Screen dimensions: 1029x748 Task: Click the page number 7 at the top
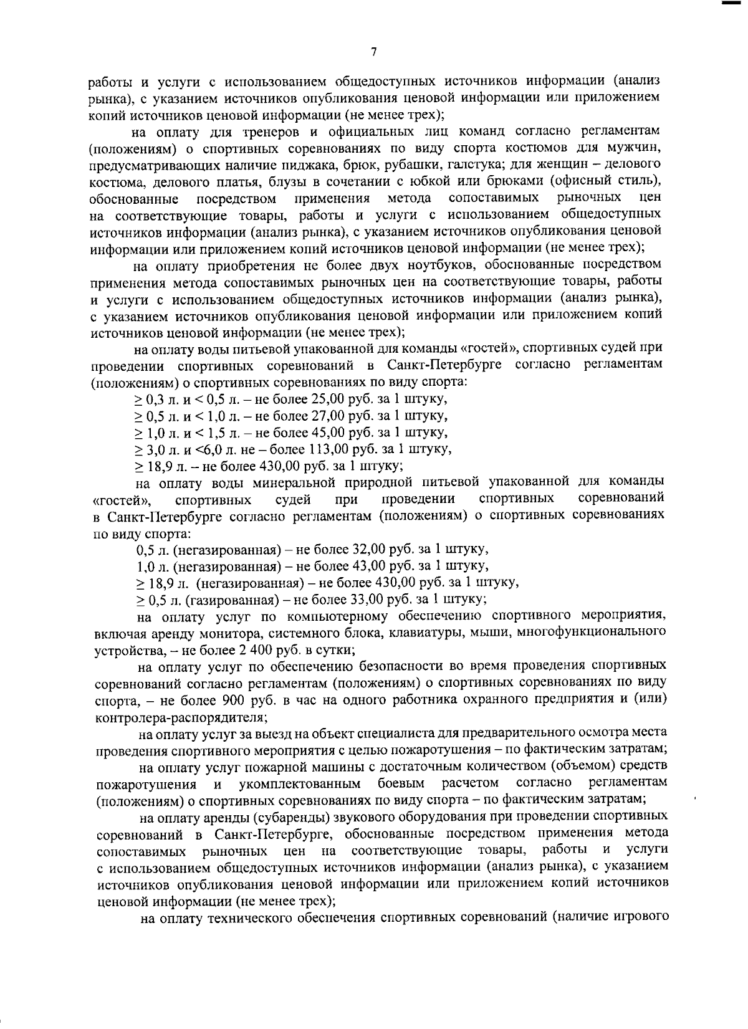click(373, 52)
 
